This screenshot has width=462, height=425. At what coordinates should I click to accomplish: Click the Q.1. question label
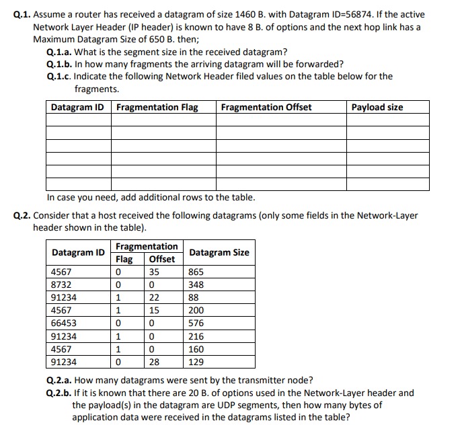point(22,14)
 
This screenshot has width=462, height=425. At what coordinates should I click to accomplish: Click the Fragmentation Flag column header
point(157,107)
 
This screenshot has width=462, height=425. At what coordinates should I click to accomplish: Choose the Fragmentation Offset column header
point(266,107)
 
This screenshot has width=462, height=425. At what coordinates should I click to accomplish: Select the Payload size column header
point(378,107)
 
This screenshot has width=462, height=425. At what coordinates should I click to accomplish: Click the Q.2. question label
point(22,215)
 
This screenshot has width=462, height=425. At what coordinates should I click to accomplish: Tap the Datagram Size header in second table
point(219,253)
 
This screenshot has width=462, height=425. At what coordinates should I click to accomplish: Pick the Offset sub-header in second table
point(161,259)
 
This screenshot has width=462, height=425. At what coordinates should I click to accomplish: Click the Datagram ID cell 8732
point(61,285)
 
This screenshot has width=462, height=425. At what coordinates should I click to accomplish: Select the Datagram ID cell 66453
point(64,323)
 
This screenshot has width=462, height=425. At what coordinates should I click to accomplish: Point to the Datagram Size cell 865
point(196,272)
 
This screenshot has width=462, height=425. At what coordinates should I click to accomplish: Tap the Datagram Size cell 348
point(196,285)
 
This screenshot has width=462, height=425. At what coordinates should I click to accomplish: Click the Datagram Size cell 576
point(196,323)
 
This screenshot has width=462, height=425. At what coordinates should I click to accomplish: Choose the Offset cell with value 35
point(154,272)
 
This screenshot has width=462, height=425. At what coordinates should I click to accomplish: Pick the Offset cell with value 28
point(154,362)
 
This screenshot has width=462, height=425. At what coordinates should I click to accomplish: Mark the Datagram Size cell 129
point(196,362)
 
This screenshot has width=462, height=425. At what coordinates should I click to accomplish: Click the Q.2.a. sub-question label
point(59,380)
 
